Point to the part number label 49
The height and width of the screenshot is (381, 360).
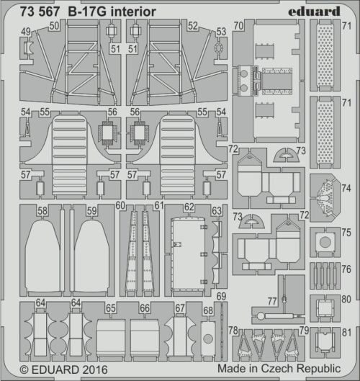click(x=26, y=32)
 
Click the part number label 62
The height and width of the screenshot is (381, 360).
click(x=189, y=207)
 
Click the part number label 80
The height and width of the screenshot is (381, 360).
click(x=346, y=299)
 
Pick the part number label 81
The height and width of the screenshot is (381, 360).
click(x=346, y=333)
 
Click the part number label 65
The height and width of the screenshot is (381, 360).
click(x=111, y=308)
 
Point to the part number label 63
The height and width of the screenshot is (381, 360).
click(x=217, y=210)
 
